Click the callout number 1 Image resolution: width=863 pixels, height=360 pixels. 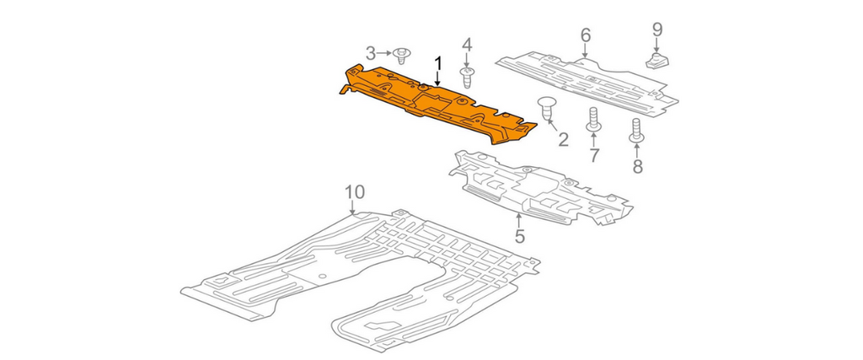(438, 63)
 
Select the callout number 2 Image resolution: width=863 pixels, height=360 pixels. (563, 140)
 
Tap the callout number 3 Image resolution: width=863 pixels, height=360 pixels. (371, 53)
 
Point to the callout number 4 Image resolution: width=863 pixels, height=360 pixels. (467, 45)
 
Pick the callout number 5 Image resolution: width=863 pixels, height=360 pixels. (519, 237)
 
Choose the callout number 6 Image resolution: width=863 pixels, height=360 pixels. (585, 35)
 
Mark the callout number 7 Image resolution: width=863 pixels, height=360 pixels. (594, 155)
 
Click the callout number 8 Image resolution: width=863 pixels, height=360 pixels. (637, 166)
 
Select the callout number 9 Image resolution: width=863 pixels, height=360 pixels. (657, 30)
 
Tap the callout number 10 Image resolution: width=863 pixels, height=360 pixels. (355, 192)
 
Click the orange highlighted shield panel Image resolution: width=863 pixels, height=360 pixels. (437, 105)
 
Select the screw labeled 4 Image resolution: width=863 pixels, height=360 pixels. (467, 78)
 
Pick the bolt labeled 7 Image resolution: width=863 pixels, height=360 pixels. (593, 120)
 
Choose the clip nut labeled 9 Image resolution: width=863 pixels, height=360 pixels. (656, 61)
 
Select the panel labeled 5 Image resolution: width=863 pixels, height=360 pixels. (540, 188)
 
